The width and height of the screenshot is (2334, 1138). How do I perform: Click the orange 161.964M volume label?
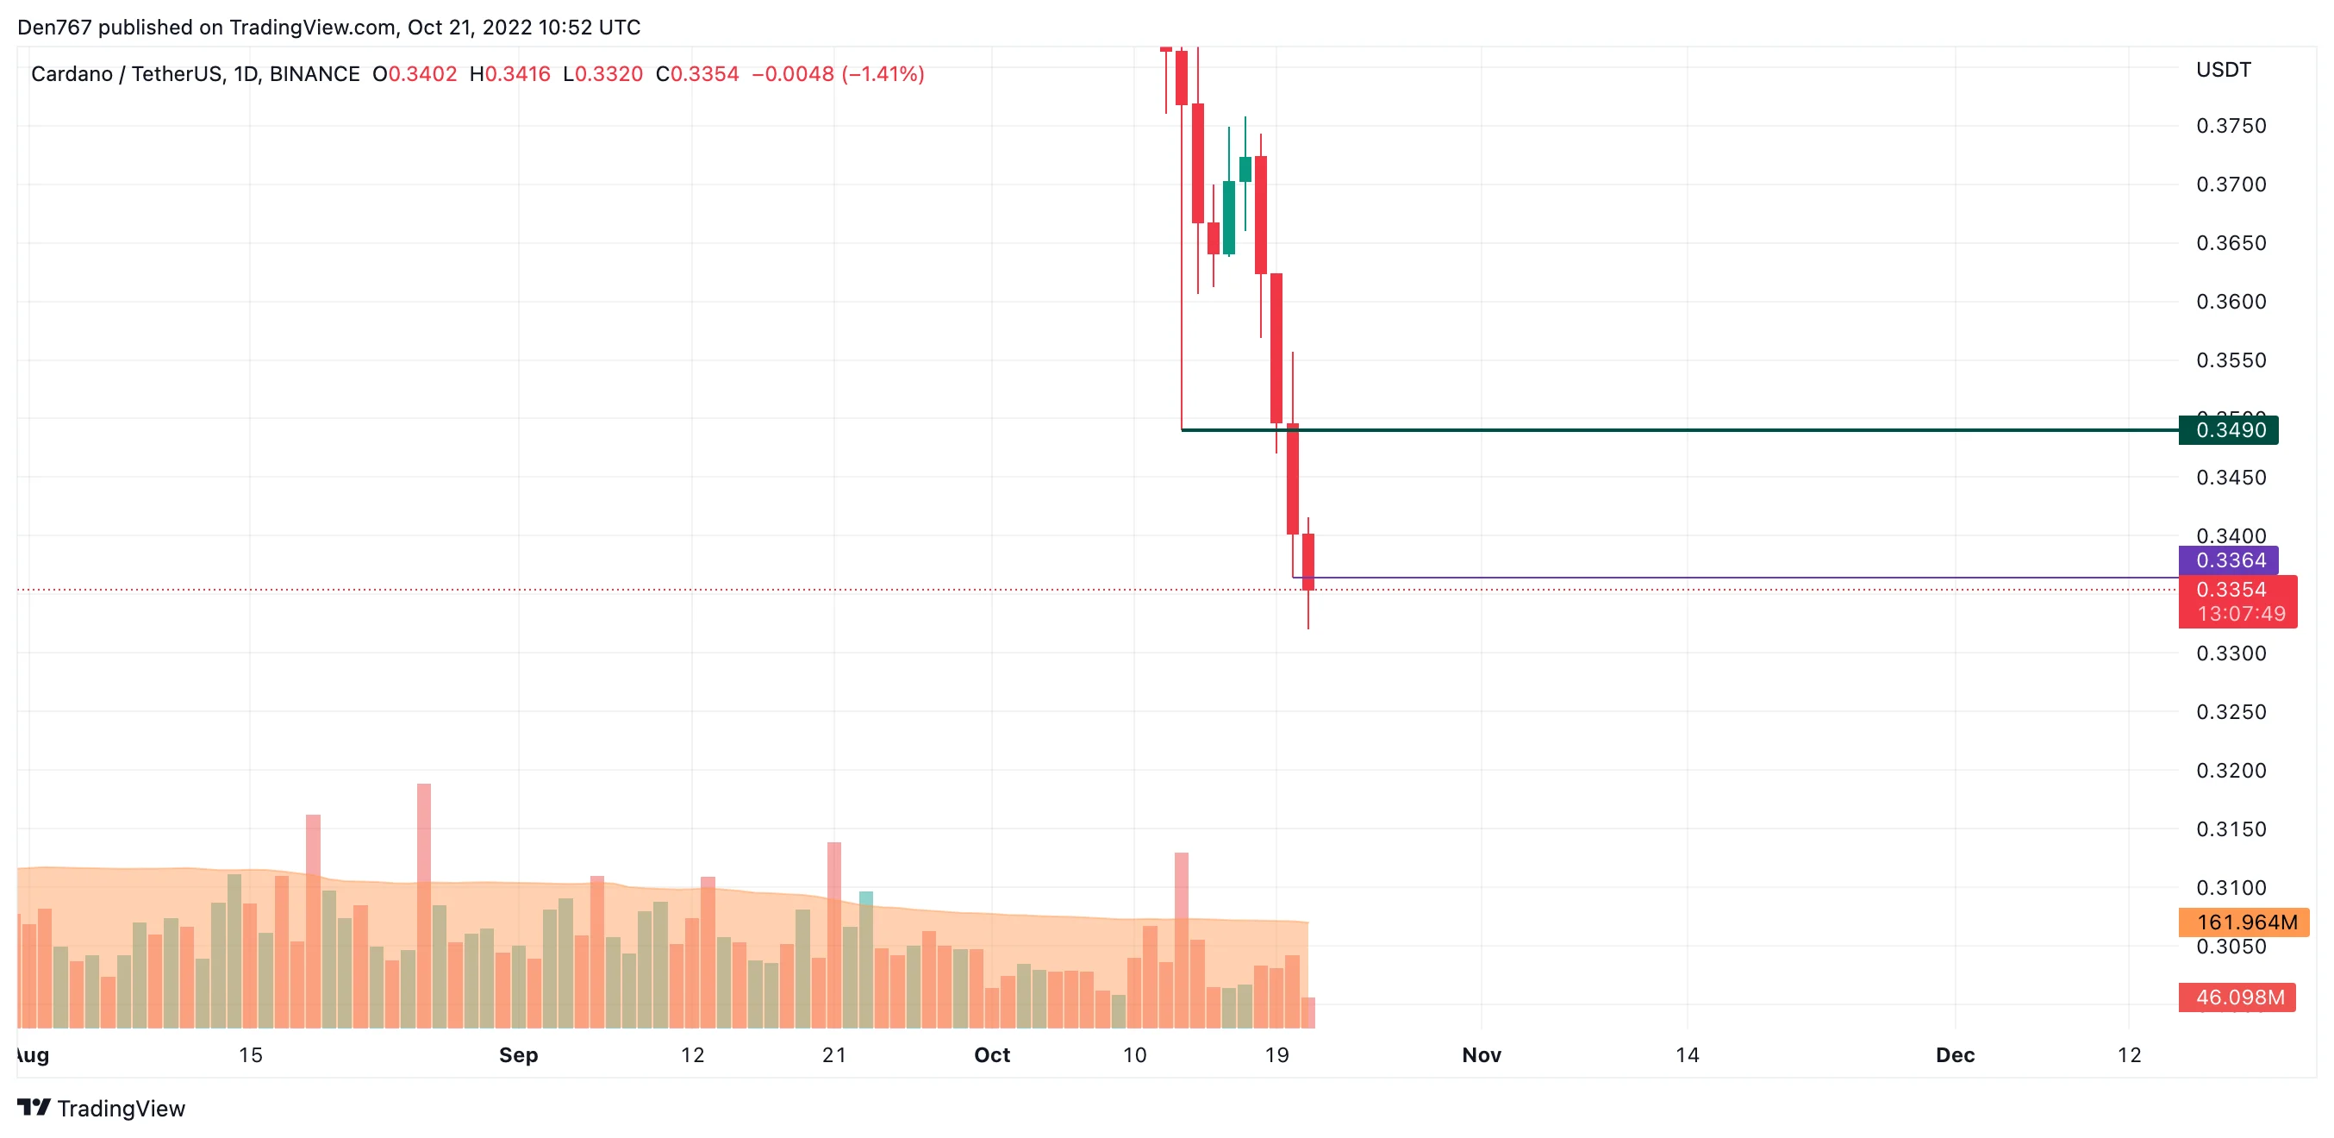(2244, 922)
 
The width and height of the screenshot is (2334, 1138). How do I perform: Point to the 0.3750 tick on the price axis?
(2230, 126)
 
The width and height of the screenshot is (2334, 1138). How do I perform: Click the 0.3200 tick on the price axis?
(2230, 770)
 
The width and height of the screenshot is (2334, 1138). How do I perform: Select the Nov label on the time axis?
(1482, 1054)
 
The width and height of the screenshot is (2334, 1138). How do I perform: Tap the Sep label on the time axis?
(518, 1054)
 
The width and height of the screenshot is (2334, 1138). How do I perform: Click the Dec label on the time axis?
(1955, 1054)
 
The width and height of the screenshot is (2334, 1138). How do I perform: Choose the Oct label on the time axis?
(991, 1054)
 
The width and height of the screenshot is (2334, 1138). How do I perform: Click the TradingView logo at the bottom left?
(102, 1108)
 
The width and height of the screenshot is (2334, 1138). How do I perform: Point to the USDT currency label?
(2223, 70)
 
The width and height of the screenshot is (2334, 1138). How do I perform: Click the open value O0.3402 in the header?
(415, 74)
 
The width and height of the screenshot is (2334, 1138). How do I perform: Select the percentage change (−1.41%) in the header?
(883, 74)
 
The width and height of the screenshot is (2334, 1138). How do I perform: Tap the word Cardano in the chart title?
(72, 74)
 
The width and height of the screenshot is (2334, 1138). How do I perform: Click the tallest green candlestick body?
(1228, 217)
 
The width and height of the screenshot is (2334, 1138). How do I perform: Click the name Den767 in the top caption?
(54, 28)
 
